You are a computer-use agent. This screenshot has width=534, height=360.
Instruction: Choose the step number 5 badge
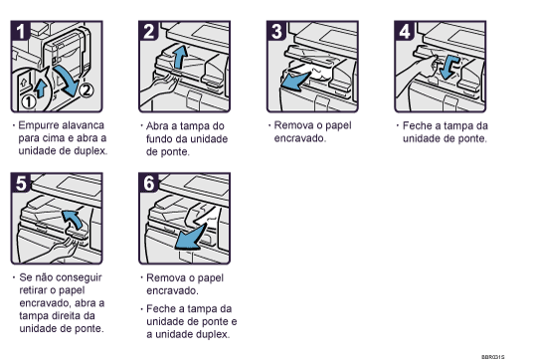[20, 181]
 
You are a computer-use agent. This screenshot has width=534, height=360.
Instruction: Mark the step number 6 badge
[147, 181]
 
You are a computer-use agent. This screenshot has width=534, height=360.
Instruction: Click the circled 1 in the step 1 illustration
[31, 100]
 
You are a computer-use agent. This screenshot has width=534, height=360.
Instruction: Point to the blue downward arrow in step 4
[449, 67]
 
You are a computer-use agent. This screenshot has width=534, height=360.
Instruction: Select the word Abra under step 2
[158, 126]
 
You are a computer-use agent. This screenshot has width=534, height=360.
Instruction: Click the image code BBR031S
[494, 353]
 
